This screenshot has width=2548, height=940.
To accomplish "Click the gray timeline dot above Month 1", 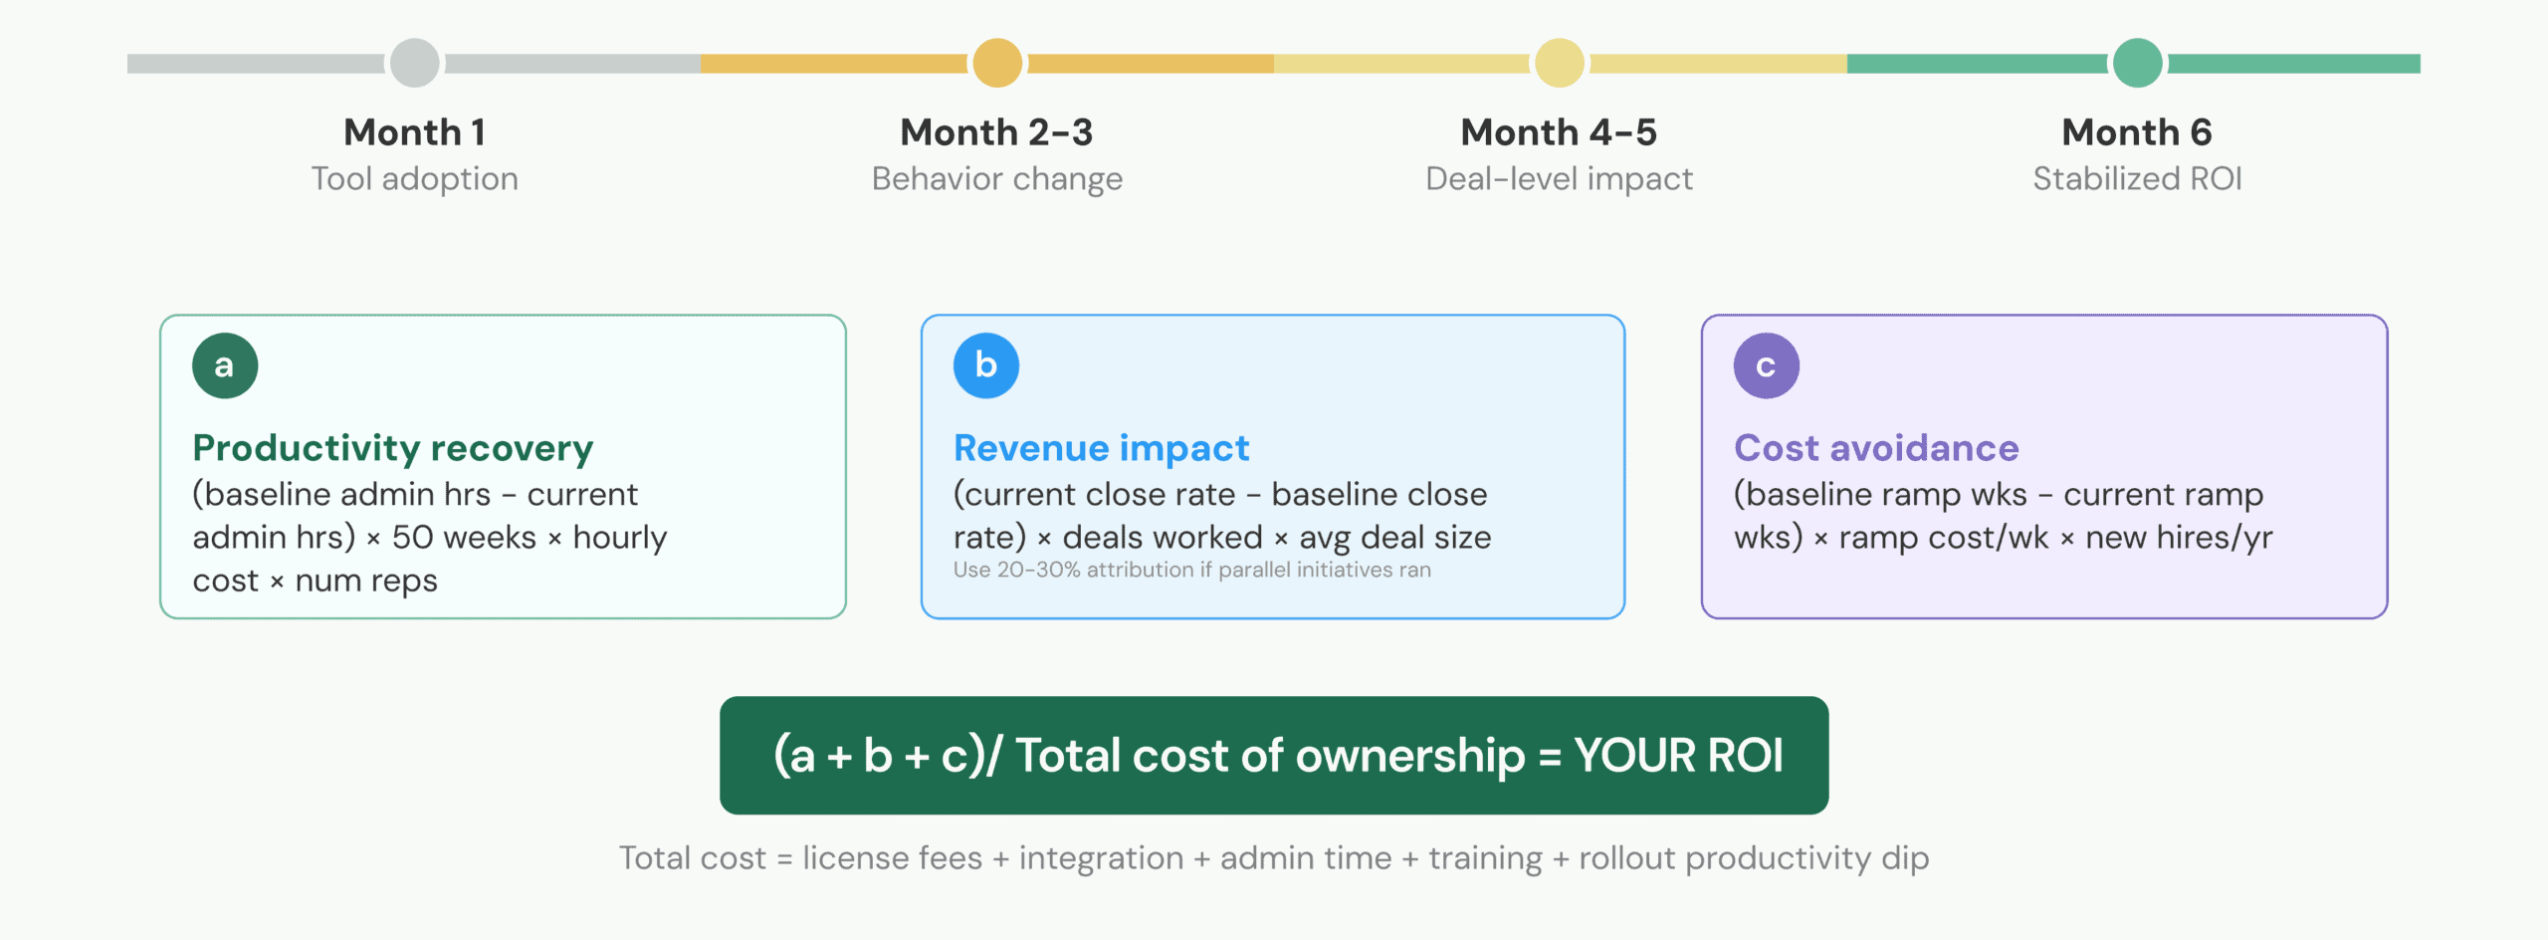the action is pyautogui.click(x=415, y=63).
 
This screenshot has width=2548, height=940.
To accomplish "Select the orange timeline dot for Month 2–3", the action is pyautogui.click(x=997, y=63).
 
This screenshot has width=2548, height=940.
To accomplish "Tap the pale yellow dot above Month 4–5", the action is pyautogui.click(x=1560, y=63).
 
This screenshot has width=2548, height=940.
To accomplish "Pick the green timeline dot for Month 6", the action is pyautogui.click(x=2137, y=63).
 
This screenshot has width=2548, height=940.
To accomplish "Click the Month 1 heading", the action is pyautogui.click(x=415, y=132).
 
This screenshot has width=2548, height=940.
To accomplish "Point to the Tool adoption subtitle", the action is pyautogui.click(x=415, y=179).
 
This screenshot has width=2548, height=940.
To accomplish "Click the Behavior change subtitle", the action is pyautogui.click(x=997, y=179).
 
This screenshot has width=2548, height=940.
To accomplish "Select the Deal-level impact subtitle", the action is pyautogui.click(x=1560, y=179).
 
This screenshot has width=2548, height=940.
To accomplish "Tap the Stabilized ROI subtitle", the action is pyautogui.click(x=2137, y=179).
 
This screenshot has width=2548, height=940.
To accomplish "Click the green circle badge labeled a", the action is pyautogui.click(x=225, y=365).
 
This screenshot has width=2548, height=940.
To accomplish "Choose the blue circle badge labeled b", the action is pyautogui.click(x=986, y=365).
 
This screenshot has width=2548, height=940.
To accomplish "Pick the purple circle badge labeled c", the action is pyautogui.click(x=1767, y=365).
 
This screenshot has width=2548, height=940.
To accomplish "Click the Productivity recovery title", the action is pyautogui.click(x=393, y=449).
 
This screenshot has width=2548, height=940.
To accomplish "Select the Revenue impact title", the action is pyautogui.click(x=1102, y=449).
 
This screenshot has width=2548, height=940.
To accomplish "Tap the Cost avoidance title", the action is pyautogui.click(x=1876, y=449).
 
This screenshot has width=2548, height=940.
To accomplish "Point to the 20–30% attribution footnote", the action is pyautogui.click(x=1192, y=570).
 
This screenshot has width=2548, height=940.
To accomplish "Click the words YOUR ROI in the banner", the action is pyautogui.click(x=1679, y=756).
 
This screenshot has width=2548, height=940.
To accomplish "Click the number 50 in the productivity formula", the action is pyautogui.click(x=412, y=538).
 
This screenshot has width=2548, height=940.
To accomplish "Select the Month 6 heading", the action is pyautogui.click(x=2137, y=132).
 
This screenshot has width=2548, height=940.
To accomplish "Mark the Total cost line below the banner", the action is pyautogui.click(x=1274, y=858).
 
